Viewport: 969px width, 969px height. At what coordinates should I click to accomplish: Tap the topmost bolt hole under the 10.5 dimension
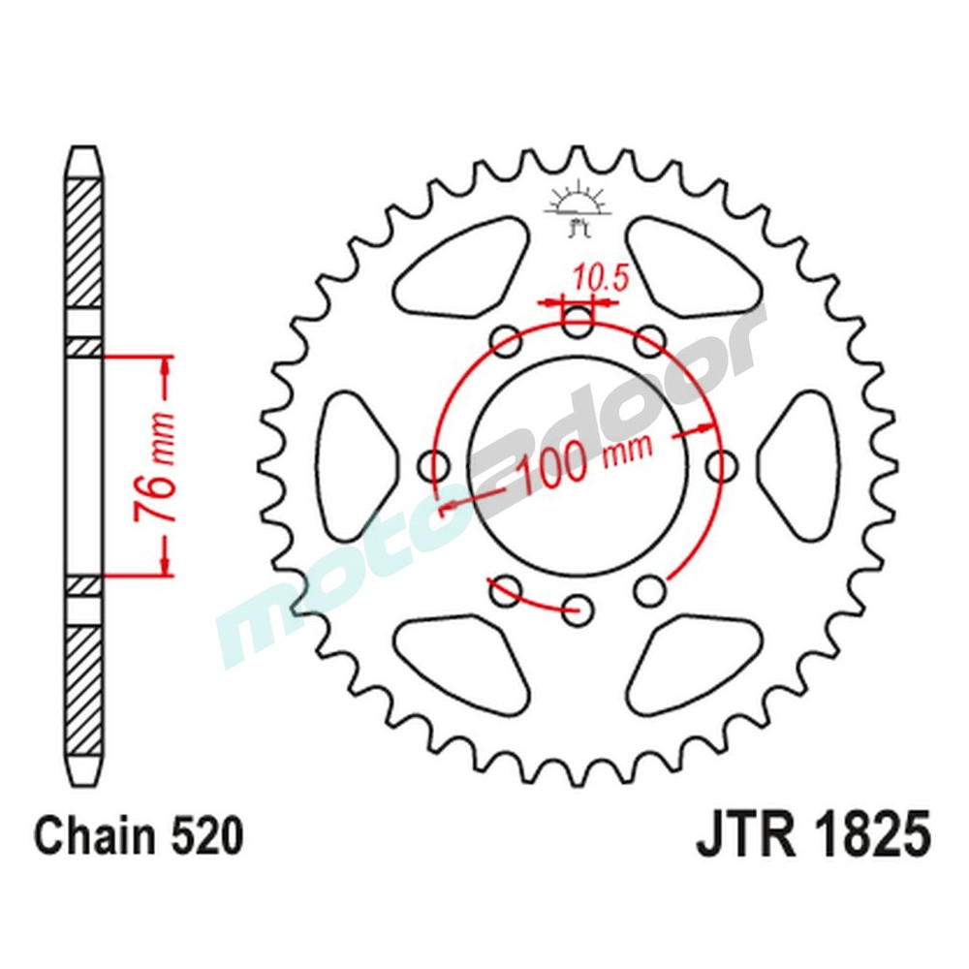pos(578,322)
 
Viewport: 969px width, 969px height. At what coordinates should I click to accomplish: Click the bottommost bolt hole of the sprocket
pos(579,608)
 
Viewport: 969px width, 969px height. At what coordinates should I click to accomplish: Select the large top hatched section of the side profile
pos(83,242)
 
